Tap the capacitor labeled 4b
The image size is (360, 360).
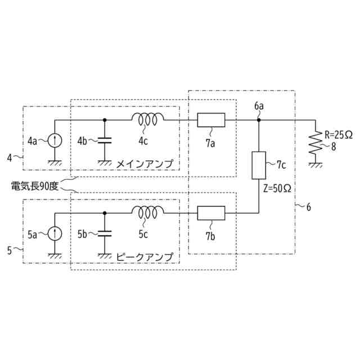point(105,140)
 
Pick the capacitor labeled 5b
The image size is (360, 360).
point(105,233)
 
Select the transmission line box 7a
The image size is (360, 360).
point(211,120)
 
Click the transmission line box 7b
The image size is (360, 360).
point(211,213)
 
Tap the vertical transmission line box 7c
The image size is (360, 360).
point(258,165)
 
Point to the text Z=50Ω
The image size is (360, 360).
point(277,188)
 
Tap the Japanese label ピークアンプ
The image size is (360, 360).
point(145,256)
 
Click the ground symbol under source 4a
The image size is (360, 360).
point(55,163)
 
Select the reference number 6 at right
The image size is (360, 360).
point(308,207)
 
